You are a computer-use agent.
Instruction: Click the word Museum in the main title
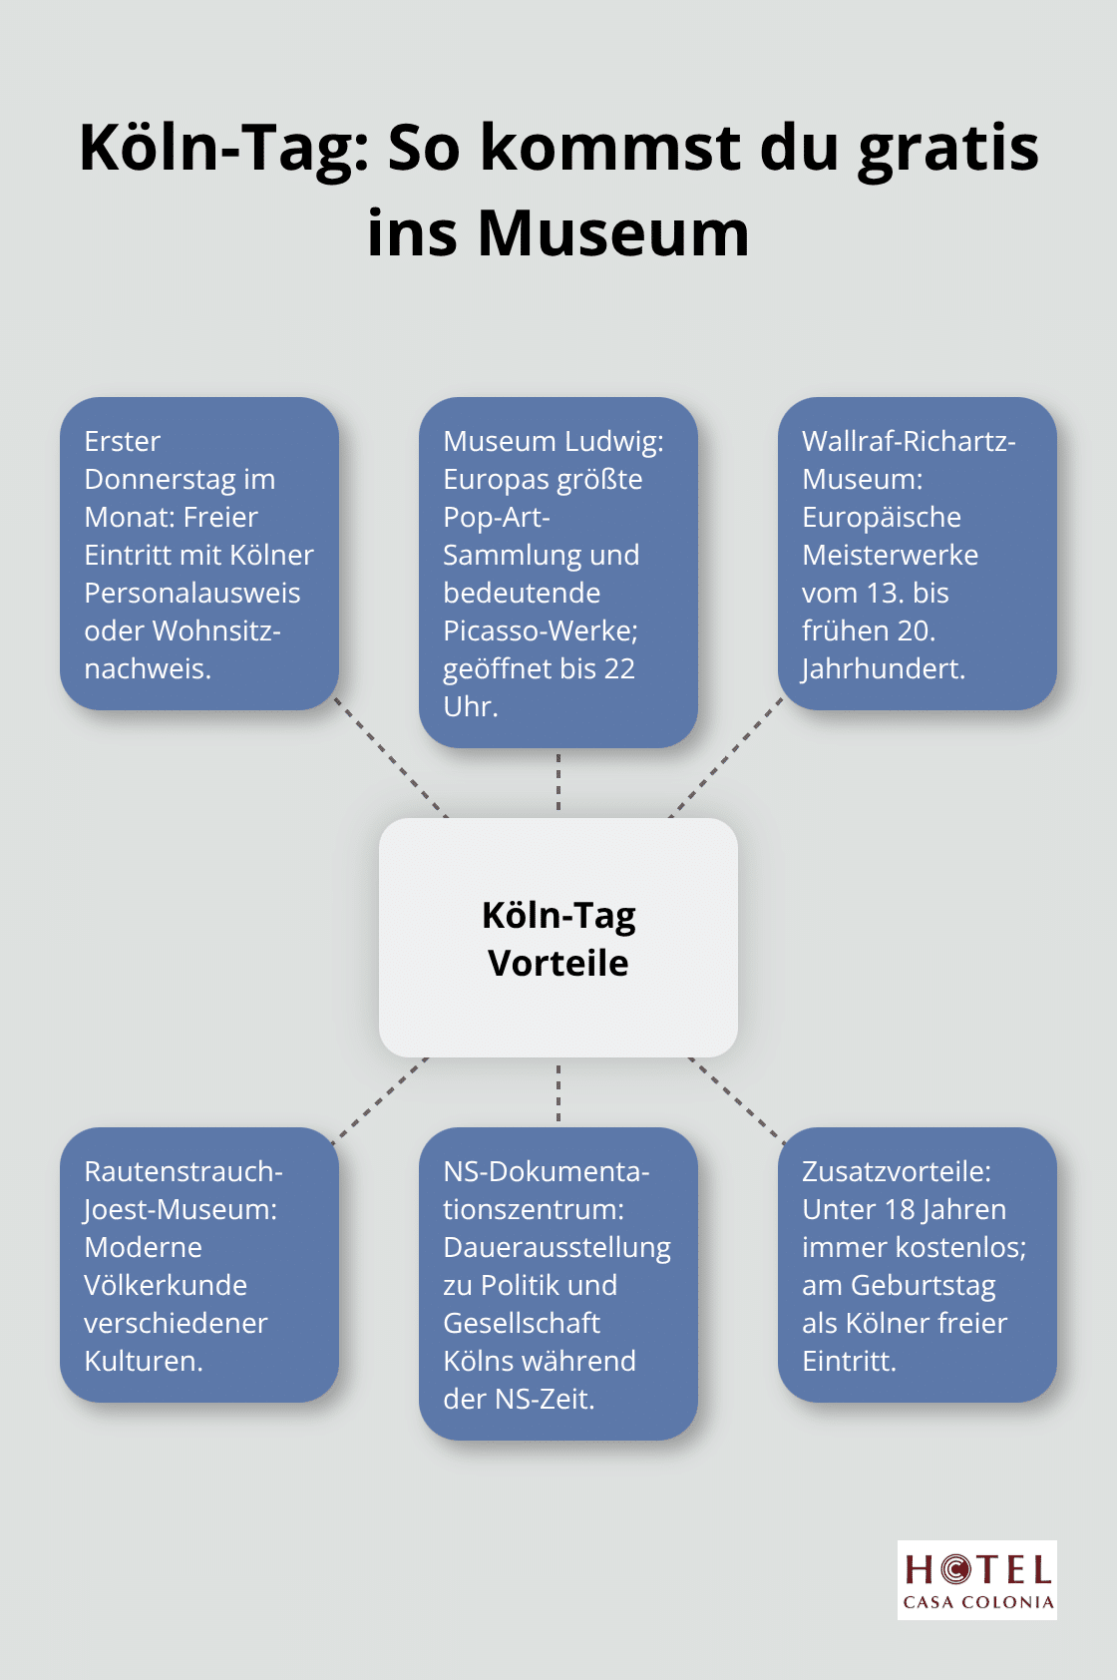(612, 233)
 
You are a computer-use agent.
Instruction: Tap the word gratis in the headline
(947, 148)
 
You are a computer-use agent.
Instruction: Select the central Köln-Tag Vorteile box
(558, 938)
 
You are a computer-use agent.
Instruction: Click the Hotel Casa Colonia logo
(977, 1579)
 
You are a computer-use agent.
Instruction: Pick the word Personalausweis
(192, 594)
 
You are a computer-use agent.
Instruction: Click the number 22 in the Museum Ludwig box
(618, 669)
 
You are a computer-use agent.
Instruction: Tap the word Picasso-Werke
(540, 631)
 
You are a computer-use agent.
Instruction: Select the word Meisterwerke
(891, 556)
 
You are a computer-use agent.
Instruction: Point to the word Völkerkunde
(166, 1286)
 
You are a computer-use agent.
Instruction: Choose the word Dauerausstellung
(558, 1248)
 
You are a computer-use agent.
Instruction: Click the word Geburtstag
(924, 1286)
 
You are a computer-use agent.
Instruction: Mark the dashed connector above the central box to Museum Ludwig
(558, 782)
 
